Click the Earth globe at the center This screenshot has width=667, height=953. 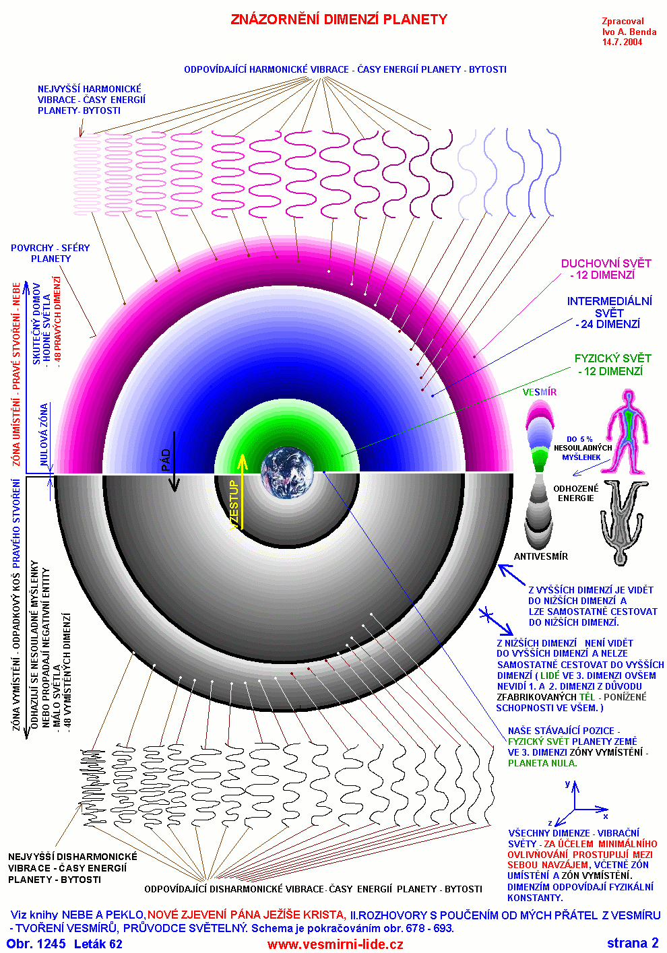pyautogui.click(x=288, y=472)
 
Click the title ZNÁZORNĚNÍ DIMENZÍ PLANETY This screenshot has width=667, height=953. pyautogui.click(x=339, y=20)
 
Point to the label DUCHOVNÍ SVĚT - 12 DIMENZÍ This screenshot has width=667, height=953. pyautogui.click(x=606, y=269)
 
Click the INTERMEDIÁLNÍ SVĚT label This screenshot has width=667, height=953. pyautogui.click(x=609, y=313)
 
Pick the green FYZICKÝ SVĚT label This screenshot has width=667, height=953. pyautogui.click(x=612, y=364)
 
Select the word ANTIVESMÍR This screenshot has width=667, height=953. pyautogui.click(x=540, y=556)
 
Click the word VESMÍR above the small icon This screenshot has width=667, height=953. pyautogui.click(x=540, y=392)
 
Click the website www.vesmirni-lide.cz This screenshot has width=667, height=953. pyautogui.click(x=335, y=944)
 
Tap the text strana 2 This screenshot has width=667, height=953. pyautogui.click(x=632, y=943)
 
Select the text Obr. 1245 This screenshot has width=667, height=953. pyautogui.click(x=36, y=944)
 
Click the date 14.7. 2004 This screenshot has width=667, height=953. pyautogui.click(x=622, y=42)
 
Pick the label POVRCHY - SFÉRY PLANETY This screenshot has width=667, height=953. pyautogui.click(x=50, y=253)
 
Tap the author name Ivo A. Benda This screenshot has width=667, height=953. pyautogui.click(x=629, y=32)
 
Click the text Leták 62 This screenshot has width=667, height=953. pyautogui.click(x=98, y=944)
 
